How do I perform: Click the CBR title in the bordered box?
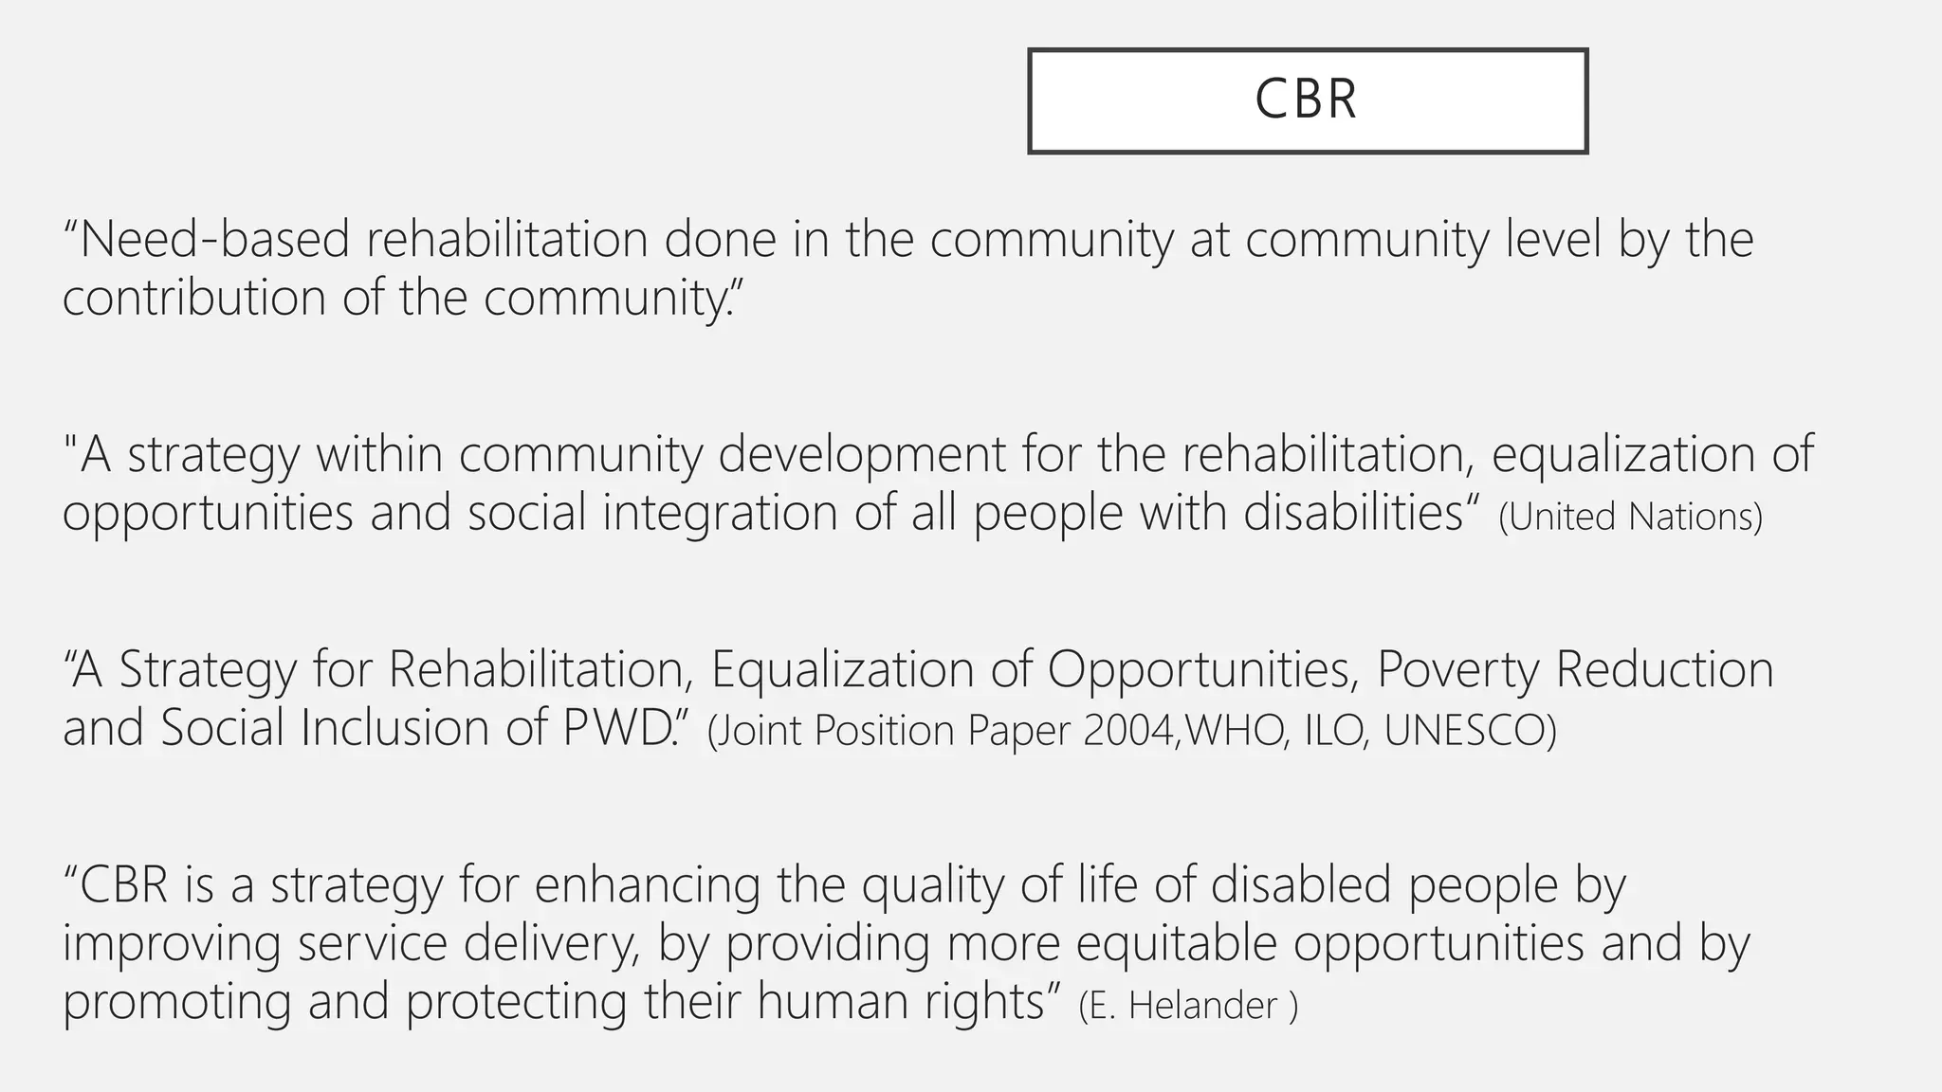tap(1306, 100)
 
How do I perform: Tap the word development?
tap(862, 454)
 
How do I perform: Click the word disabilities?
tap(1353, 513)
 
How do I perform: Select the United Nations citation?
tap(1630, 517)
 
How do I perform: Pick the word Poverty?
tap(1456, 669)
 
